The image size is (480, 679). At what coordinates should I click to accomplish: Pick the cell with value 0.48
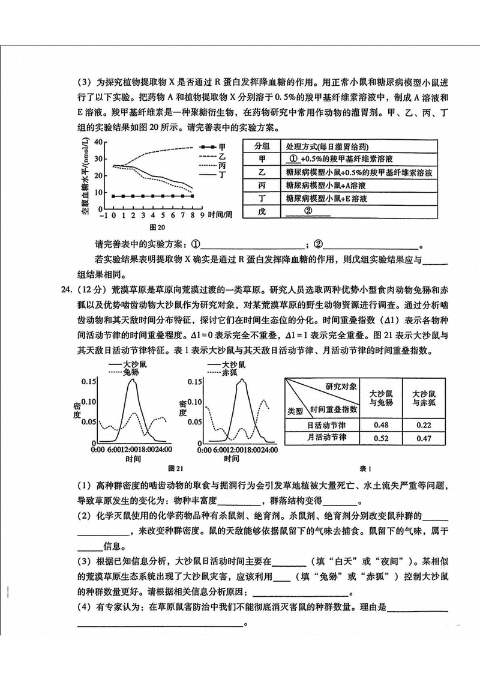(381, 425)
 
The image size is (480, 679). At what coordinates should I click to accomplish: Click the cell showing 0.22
(424, 425)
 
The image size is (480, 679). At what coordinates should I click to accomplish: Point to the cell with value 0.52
(381, 438)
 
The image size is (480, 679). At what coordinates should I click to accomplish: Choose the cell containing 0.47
(424, 438)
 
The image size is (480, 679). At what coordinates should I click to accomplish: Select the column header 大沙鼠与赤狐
(424, 397)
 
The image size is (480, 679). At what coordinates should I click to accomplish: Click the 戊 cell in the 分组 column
(261, 211)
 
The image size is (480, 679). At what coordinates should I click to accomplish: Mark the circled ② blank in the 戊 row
(308, 211)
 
